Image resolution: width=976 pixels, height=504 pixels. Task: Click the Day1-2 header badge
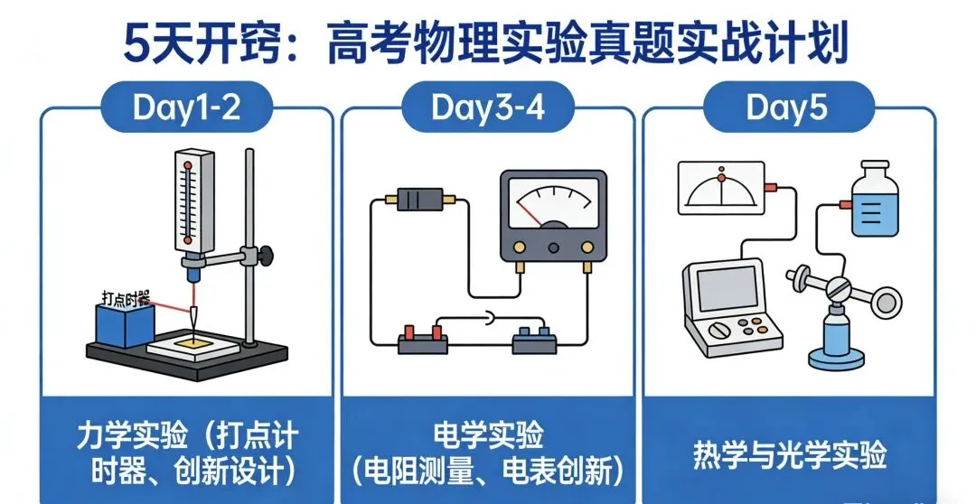pos(186,107)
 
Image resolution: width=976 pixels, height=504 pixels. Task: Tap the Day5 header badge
pos(787,107)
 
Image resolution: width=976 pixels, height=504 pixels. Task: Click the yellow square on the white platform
pos(194,341)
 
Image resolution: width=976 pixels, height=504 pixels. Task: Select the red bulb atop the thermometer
pos(187,165)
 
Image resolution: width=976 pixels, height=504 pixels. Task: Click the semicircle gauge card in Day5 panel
pos(720,188)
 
